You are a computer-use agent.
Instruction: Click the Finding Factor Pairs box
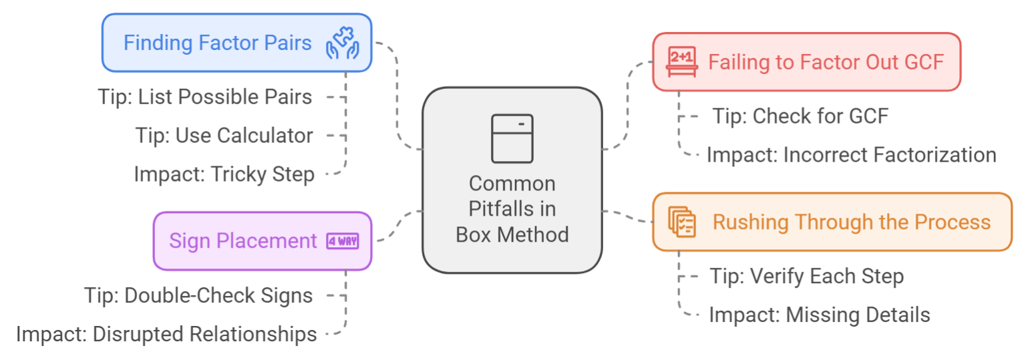point(236,43)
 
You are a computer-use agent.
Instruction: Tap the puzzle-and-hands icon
point(342,43)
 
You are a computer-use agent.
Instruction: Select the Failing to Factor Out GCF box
point(806,62)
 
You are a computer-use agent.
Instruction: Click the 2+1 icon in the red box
point(681,62)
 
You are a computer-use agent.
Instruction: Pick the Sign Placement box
point(263,241)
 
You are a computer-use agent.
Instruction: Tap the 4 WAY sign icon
point(342,241)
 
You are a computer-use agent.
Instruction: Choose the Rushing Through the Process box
point(832,222)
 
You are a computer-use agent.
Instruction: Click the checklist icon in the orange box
point(682,222)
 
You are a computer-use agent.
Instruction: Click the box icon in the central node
point(512,138)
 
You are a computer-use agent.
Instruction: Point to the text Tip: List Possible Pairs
point(205,97)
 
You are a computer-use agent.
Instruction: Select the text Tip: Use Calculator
point(224,136)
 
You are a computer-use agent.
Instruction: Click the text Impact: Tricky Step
point(224,174)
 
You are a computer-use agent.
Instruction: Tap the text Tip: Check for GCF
point(800,116)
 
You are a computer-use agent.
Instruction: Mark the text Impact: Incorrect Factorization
point(851,155)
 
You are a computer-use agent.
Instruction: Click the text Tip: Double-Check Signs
point(198,295)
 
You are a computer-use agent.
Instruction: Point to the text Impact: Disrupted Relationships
point(166,334)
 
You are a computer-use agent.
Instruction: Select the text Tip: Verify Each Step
point(806,276)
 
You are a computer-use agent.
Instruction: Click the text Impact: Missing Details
point(819,315)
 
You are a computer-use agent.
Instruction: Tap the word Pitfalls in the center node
point(512,209)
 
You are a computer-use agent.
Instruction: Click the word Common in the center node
point(512,184)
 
